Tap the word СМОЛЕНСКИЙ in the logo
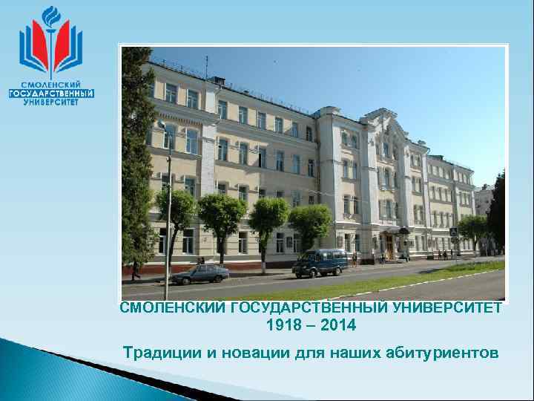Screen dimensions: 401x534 (x=51, y=85)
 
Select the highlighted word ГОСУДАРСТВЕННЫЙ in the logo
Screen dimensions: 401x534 (x=51, y=94)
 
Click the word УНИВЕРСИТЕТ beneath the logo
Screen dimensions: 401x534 (x=51, y=102)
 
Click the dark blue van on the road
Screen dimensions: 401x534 (x=320, y=262)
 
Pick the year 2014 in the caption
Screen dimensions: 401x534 (x=340, y=325)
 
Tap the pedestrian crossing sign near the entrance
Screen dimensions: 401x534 (x=453, y=232)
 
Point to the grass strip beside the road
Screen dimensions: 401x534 (x=386, y=279)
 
